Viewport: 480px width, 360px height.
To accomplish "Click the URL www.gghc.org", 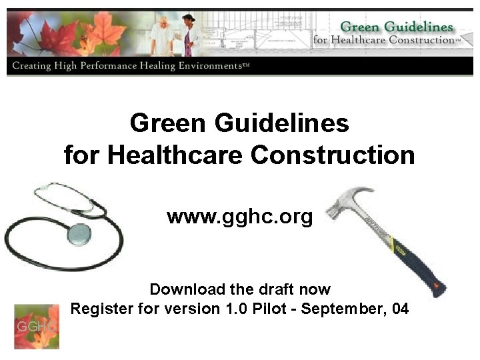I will [239, 217].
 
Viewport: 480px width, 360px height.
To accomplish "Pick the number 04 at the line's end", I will [400, 309].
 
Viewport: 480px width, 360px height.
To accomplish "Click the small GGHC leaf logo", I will [37, 327].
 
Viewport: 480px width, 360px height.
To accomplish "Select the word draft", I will [274, 289].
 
